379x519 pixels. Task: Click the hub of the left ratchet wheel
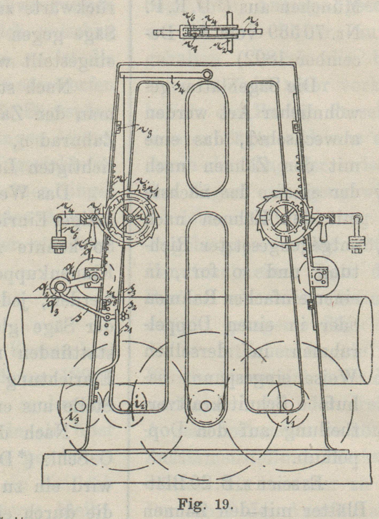click(130, 217)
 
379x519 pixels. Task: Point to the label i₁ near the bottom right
click(284, 423)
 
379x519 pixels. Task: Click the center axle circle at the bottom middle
click(206, 406)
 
